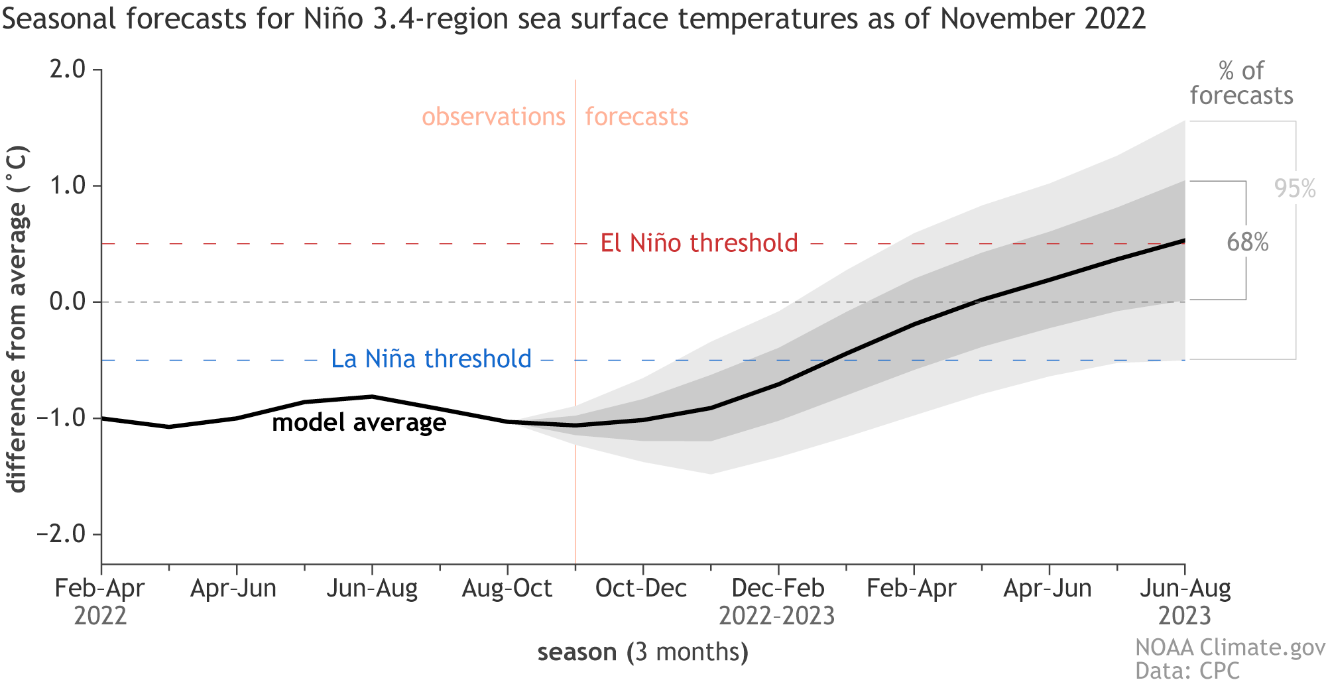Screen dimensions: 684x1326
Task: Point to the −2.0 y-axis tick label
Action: pos(61,534)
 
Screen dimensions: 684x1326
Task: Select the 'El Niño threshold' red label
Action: pos(699,243)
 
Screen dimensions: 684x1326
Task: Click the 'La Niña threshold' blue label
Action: pos(431,359)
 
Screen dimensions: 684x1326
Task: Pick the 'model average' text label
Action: pos(359,423)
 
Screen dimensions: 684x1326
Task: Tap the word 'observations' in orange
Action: pos(493,117)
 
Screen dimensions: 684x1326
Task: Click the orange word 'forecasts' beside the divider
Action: pos(636,117)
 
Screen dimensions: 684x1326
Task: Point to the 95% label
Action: pos(1294,189)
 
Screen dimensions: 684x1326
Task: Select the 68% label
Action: pos(1247,243)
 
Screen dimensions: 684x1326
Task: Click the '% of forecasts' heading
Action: pos(1241,84)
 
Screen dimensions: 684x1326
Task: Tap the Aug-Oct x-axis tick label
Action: pos(507,589)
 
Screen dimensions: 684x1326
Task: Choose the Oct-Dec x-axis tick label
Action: pos(641,589)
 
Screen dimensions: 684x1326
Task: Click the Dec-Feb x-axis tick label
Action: pos(778,589)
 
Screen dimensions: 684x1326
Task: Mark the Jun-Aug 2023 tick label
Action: pos(1185,600)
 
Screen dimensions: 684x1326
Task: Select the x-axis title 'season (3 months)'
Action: pos(642,652)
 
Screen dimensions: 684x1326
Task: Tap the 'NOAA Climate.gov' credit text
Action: pos(1230,648)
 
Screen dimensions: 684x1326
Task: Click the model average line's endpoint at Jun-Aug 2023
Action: pos(1184,241)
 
